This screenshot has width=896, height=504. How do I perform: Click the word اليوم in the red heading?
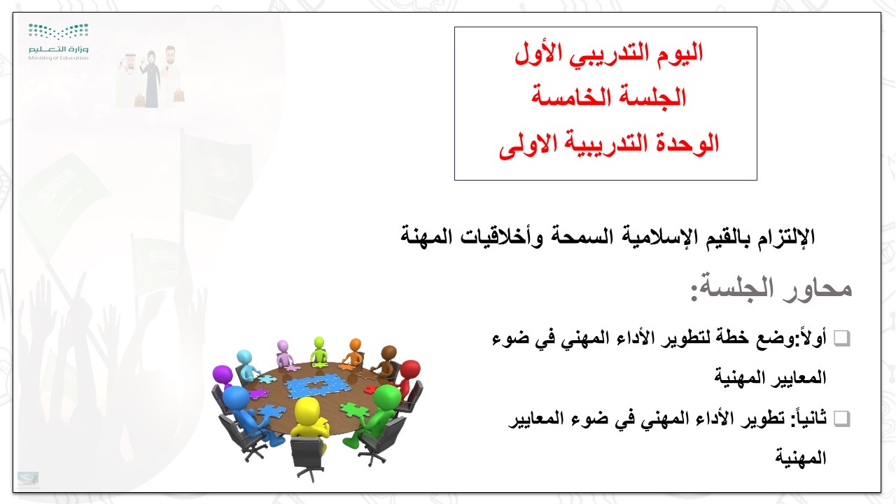tap(680, 54)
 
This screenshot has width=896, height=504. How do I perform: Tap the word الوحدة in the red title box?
tap(687, 143)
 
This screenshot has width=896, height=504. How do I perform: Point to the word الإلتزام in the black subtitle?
tap(786, 237)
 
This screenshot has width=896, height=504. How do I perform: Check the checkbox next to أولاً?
tap(841, 338)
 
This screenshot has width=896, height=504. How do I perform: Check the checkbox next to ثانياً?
tap(841, 419)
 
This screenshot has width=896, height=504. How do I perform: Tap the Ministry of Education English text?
tap(58, 58)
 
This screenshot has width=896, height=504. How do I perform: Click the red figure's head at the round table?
tap(409, 369)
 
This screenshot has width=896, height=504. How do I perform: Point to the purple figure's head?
tap(223, 374)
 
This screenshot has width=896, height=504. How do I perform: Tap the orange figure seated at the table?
tap(353, 353)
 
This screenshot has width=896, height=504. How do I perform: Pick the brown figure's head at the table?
tap(388, 353)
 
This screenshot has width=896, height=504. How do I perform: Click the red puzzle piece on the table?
tap(368, 389)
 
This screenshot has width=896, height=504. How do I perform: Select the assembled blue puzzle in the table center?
tap(318, 386)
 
